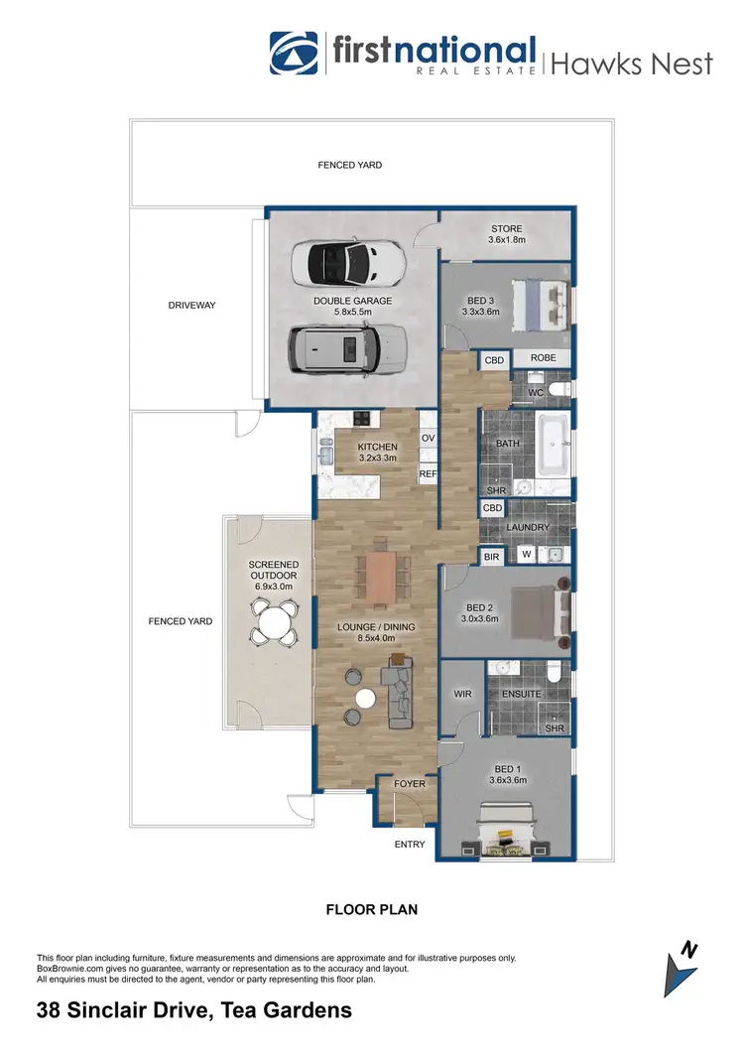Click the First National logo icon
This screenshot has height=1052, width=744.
coord(295,54)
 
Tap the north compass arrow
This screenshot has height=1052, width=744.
coord(682,967)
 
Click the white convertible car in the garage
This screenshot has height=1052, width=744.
coord(349,263)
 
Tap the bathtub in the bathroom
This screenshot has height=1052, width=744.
coord(554,446)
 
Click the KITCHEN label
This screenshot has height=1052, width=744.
coord(377,448)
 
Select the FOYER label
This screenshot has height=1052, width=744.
coord(409,784)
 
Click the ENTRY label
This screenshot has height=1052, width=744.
coord(410,845)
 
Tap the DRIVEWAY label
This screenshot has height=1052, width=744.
coord(191,305)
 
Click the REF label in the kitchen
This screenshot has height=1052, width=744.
coord(428,474)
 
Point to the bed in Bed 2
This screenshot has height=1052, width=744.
coord(543,608)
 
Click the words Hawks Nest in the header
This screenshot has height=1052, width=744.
coord(632,64)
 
